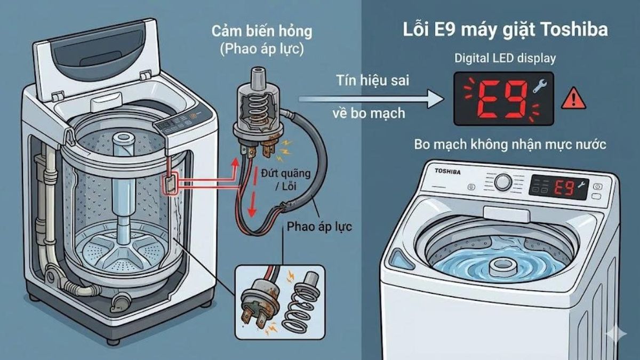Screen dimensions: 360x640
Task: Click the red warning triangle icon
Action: pyautogui.click(x=573, y=99)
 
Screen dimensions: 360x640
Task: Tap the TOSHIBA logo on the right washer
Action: pyautogui.click(x=447, y=171)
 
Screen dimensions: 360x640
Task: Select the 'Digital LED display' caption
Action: pyautogui.click(x=505, y=59)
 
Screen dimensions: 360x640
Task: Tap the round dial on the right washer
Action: pyautogui.click(x=502, y=182)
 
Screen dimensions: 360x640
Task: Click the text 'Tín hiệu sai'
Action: pyautogui.click(x=368, y=81)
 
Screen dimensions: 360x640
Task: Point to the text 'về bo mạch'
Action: pyautogui.click(x=368, y=113)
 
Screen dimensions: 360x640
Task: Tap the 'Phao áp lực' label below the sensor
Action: pyautogui.click(x=319, y=226)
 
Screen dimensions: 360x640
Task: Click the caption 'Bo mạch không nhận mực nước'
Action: pyautogui.click(x=509, y=145)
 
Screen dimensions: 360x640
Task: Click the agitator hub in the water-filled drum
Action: pyautogui.click(x=502, y=265)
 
